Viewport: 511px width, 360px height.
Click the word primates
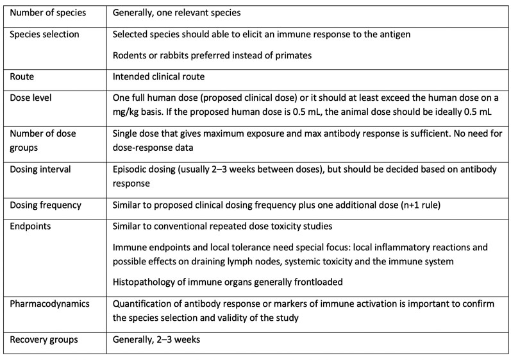pos(290,55)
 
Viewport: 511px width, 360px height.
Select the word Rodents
pos(131,55)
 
